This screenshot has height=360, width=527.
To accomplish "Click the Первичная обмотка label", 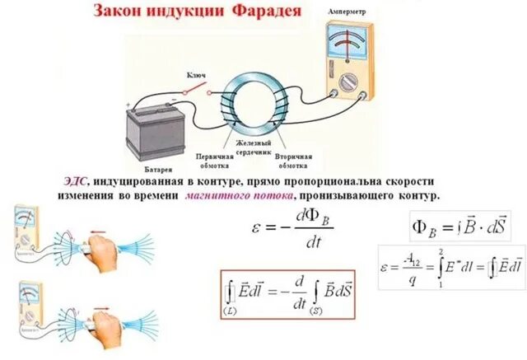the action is pos(212,160).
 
